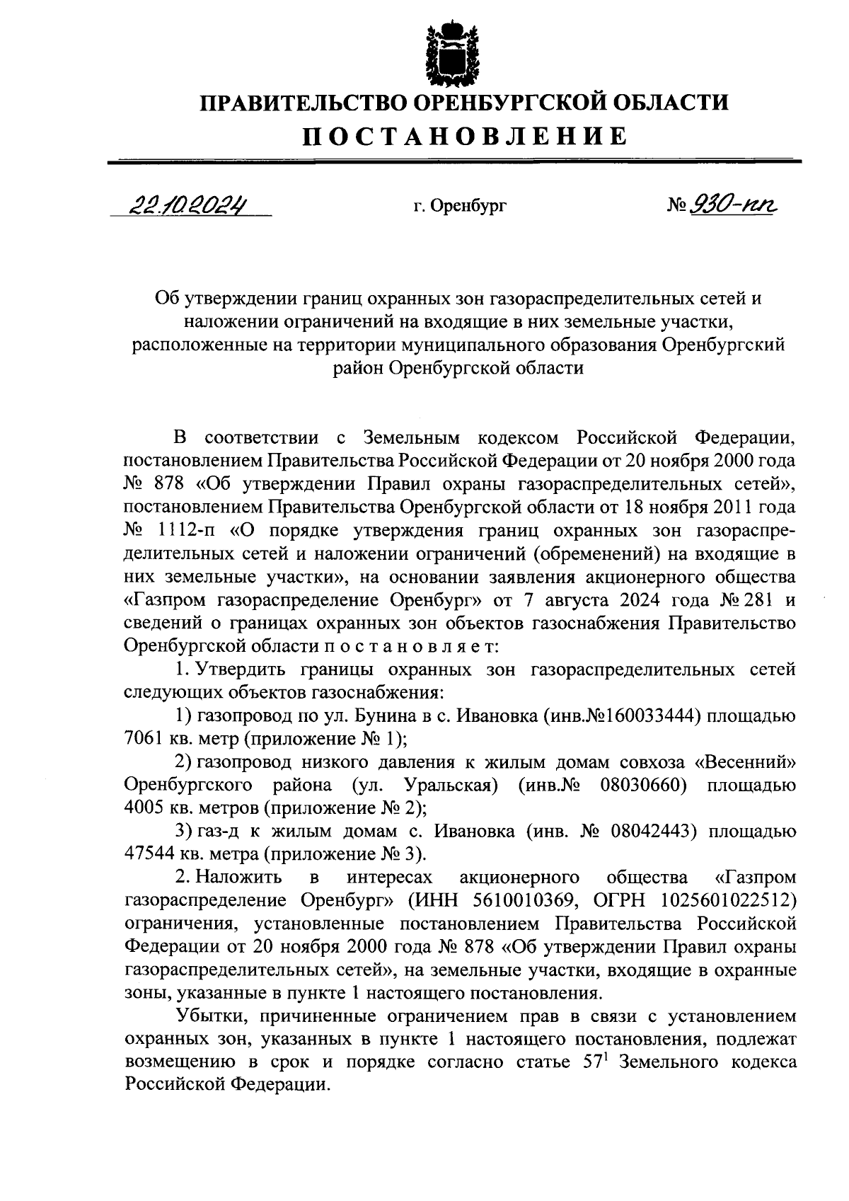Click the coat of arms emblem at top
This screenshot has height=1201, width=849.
pos(448,52)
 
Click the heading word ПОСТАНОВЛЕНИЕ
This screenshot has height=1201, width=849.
pos(465,136)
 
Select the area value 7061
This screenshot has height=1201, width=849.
pos(145,740)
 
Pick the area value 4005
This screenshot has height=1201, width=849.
pos(145,808)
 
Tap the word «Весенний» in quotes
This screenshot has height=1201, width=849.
pos(745,763)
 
